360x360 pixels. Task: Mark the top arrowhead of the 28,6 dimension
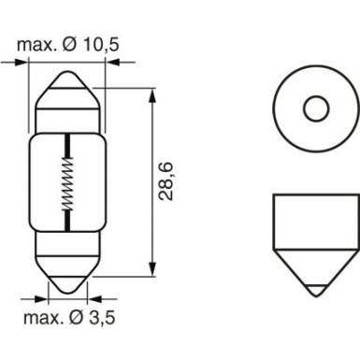[151, 94]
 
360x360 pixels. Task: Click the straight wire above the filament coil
[67, 146]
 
